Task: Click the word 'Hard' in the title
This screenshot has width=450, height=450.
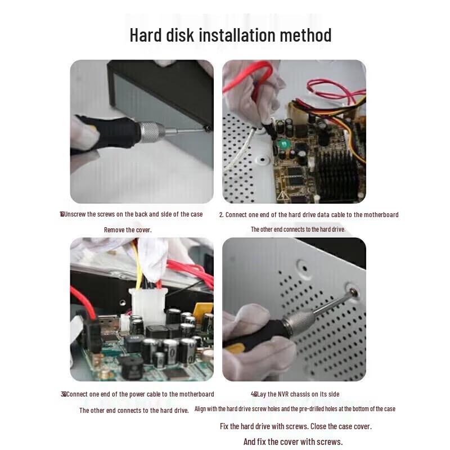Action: (147, 35)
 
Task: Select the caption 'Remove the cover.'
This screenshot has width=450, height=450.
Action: (128, 229)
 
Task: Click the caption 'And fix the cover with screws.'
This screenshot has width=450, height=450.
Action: (292, 442)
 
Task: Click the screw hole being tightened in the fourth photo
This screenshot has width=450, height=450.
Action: (353, 292)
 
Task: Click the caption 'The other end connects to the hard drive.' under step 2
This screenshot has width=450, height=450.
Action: (298, 229)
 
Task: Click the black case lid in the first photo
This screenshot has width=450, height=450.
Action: (163, 84)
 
